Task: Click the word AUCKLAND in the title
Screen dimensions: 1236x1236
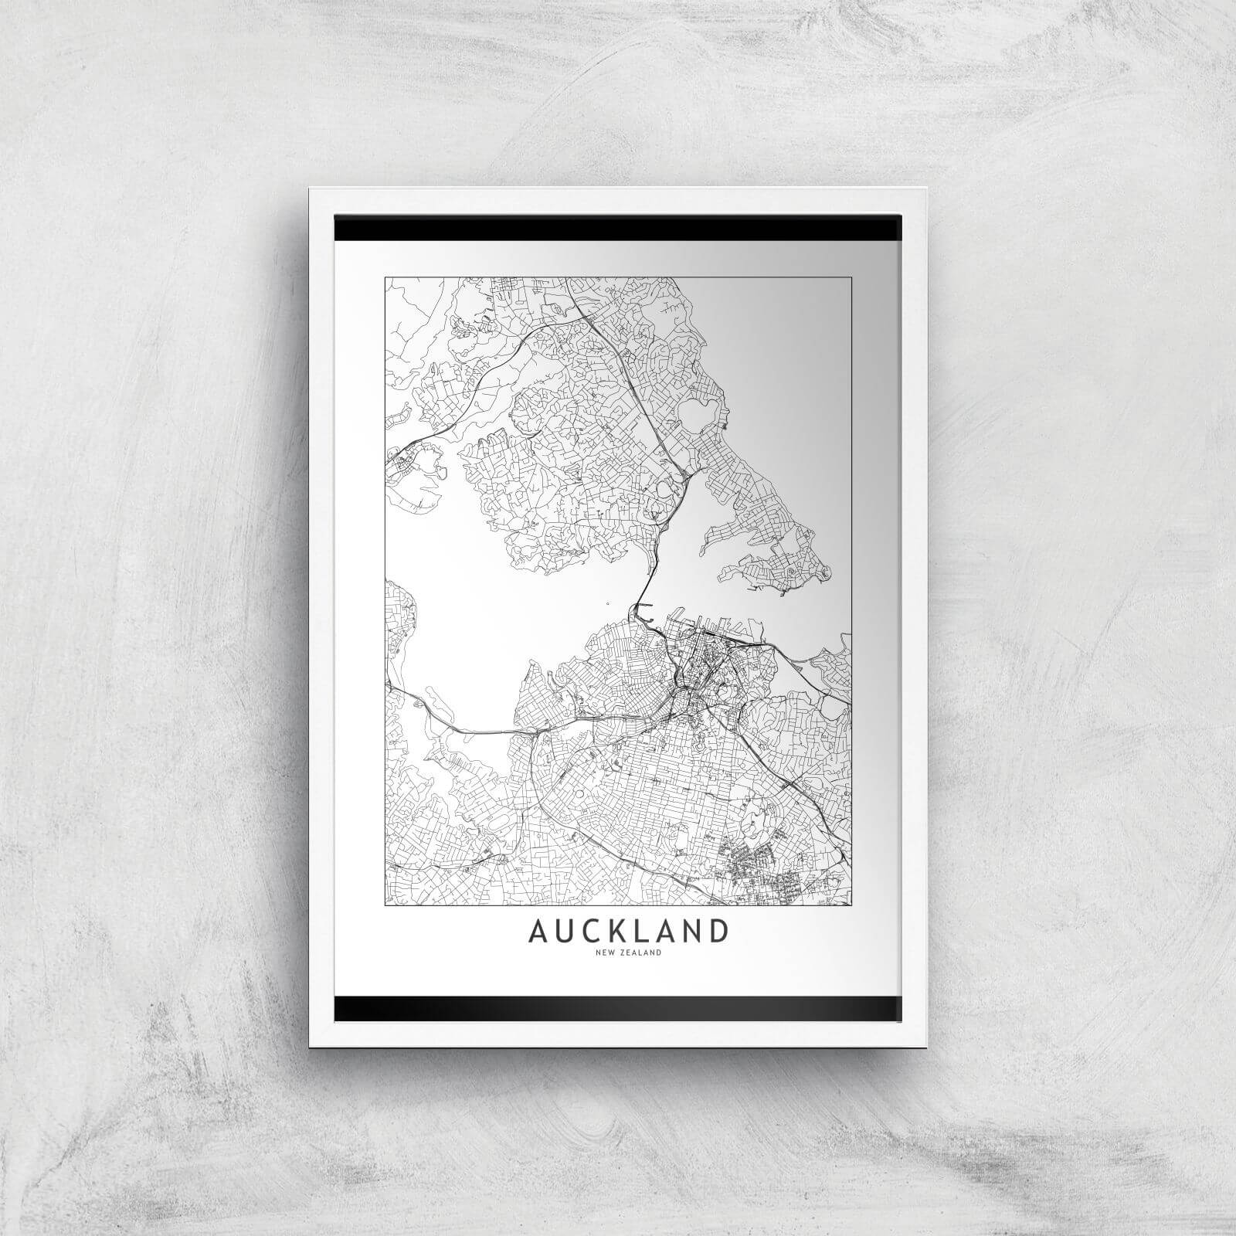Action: [x=628, y=931]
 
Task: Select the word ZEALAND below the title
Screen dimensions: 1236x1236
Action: [x=639, y=953]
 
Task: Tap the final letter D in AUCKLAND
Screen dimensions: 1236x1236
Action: [x=718, y=931]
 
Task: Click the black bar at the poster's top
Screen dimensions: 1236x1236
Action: [x=618, y=229]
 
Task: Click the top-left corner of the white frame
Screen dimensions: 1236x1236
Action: [x=311, y=189]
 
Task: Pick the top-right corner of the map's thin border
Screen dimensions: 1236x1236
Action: [x=851, y=277]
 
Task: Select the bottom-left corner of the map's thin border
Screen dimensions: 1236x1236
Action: [x=385, y=904]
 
